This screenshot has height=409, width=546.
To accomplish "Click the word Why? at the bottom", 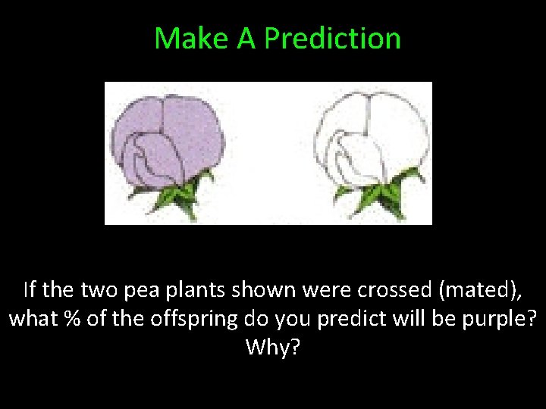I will [x=273, y=348].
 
